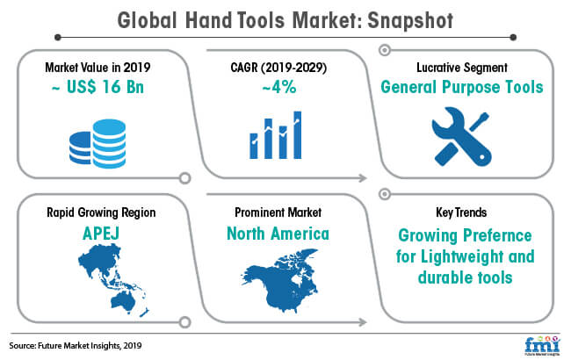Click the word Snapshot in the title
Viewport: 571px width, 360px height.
point(410,21)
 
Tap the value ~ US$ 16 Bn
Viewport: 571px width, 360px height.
point(98,87)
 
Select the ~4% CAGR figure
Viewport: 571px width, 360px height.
point(279,87)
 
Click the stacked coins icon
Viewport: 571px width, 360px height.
point(98,143)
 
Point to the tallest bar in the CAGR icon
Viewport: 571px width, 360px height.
point(298,135)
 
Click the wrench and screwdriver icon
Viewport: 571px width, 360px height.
point(462,136)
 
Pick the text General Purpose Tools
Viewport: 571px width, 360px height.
point(462,87)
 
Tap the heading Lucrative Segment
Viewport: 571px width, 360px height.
point(462,68)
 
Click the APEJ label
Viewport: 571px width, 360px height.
point(101,234)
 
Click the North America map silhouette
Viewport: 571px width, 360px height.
point(279,281)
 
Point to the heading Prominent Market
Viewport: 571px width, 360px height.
point(278,212)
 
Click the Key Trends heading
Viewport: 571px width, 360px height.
point(461,212)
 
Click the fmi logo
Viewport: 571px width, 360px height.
point(542,344)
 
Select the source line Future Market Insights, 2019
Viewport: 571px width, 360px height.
point(76,345)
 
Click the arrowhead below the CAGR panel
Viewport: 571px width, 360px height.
point(362,178)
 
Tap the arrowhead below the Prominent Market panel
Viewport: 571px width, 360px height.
point(362,322)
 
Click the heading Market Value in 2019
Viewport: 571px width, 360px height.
point(98,68)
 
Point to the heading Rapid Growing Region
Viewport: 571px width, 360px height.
point(101,212)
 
